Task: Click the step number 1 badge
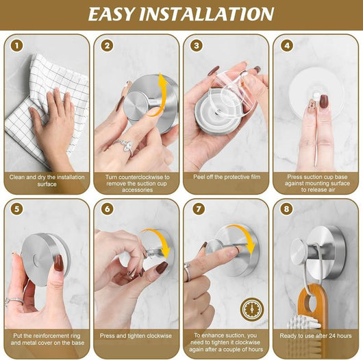[x=16, y=45]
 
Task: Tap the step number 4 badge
[x=287, y=45]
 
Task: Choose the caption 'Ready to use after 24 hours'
[x=316, y=335]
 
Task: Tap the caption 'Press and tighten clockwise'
[x=136, y=335]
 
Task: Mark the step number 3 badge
[x=197, y=45]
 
